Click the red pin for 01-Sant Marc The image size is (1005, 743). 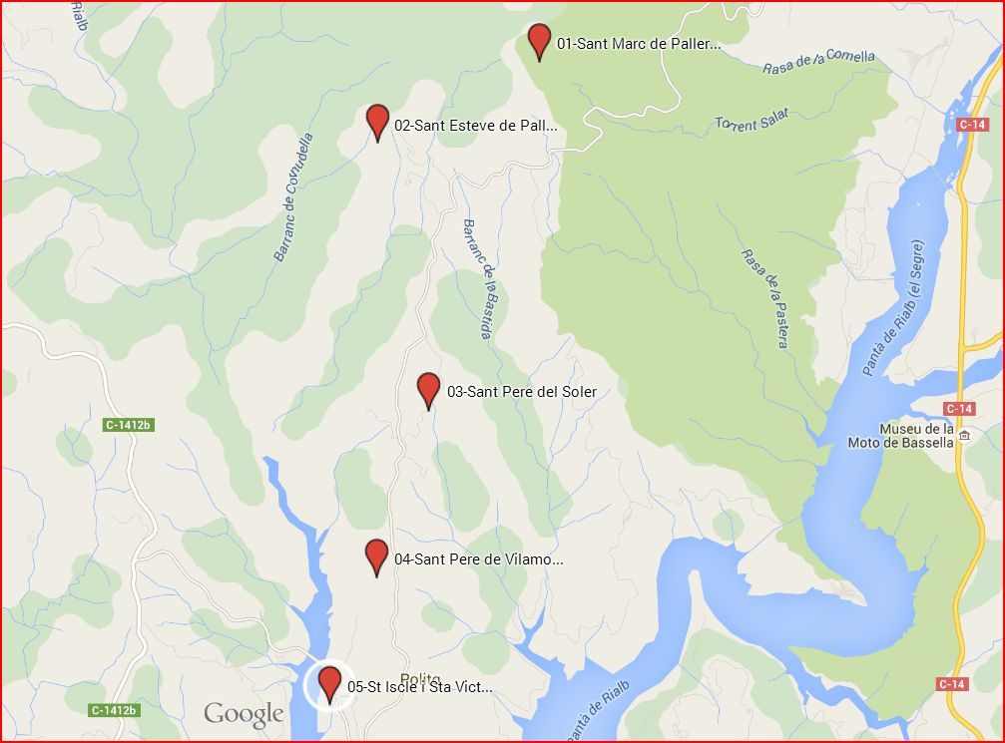coord(539,40)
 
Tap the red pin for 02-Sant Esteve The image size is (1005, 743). coord(377,121)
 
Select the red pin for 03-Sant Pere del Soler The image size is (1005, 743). coord(428,389)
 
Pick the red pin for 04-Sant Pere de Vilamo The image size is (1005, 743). coord(376,556)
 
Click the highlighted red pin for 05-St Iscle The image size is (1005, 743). coord(329,684)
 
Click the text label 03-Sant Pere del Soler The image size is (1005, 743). coord(521,392)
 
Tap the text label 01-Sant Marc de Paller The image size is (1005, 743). coord(639,44)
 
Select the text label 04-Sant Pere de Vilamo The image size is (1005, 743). coord(478,559)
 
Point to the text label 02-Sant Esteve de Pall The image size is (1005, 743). coord(475,126)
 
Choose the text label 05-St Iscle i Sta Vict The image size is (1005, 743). coord(419,687)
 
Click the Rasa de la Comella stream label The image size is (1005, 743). coord(818,62)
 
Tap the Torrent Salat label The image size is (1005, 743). coord(752,120)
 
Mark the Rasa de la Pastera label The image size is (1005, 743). coord(763,297)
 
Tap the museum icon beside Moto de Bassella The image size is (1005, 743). coord(964,436)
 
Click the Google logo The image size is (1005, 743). coord(244,714)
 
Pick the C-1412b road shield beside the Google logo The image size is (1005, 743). coord(113,710)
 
